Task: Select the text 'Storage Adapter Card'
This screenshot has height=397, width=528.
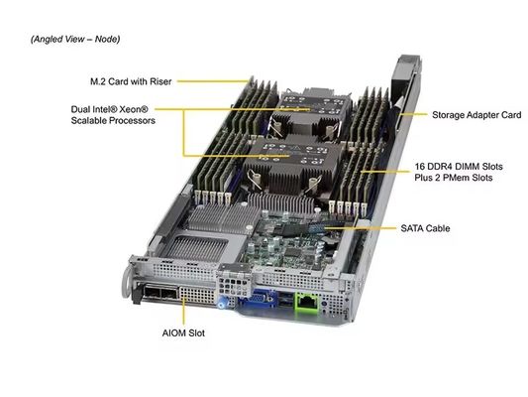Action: pyautogui.click(x=475, y=115)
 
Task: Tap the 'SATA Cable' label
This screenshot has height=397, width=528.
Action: pyautogui.click(x=425, y=229)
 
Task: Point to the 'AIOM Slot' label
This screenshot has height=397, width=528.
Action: pyautogui.click(x=183, y=335)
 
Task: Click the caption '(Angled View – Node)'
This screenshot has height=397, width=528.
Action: pyautogui.click(x=76, y=40)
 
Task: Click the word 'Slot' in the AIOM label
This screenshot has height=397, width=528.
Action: pyautogui.click(x=197, y=335)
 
